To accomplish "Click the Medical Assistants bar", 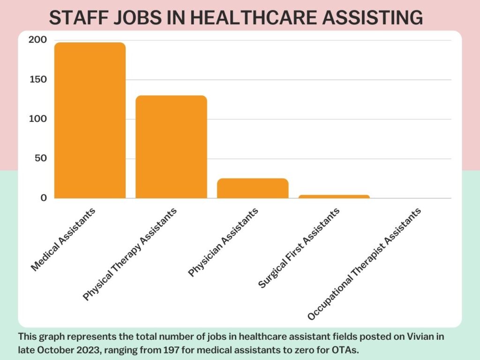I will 90,120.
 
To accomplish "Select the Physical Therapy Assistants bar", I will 171,147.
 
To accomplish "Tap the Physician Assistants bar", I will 252,188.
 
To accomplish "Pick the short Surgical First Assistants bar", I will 334,196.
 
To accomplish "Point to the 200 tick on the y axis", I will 37,40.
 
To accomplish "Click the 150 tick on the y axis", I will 37,80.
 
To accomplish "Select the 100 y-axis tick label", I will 37,119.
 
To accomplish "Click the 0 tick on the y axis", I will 44,198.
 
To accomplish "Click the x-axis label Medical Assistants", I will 63,239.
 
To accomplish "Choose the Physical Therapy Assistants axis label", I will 130,254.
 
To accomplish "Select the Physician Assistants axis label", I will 223,242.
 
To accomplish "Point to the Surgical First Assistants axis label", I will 299,248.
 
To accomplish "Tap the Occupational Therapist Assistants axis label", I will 364,264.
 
